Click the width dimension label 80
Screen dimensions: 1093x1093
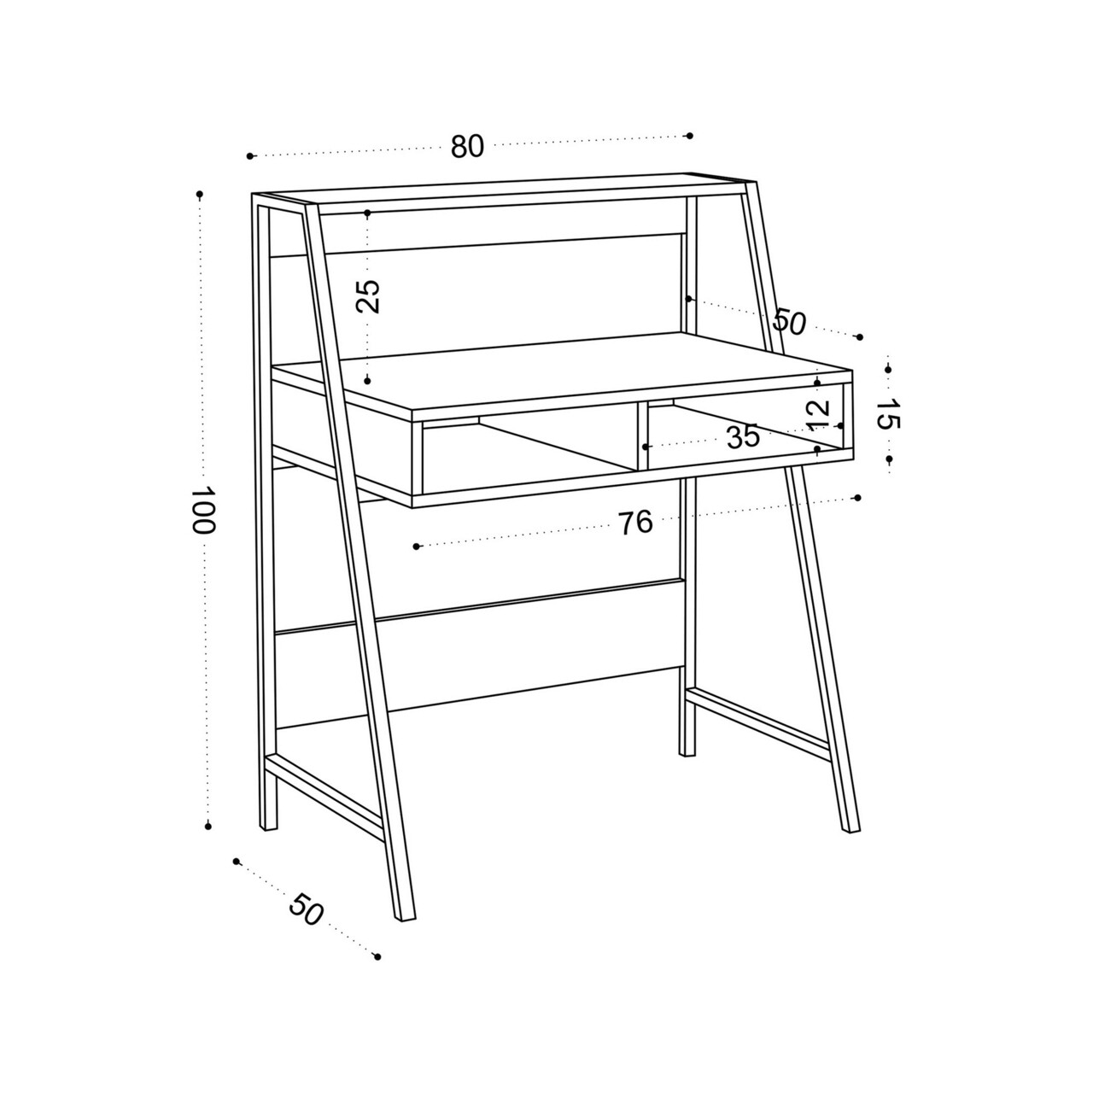tap(467, 146)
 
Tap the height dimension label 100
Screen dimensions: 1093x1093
tap(202, 509)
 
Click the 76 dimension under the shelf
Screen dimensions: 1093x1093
tap(635, 523)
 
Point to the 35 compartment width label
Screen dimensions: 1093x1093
tap(742, 436)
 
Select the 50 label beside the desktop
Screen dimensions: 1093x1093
tap(789, 322)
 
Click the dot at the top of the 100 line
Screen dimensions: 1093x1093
tap(200, 194)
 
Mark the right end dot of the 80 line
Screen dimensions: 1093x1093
tap(689, 136)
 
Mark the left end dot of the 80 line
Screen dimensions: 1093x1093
tap(249, 155)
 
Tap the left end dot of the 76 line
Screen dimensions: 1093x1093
tap(417, 546)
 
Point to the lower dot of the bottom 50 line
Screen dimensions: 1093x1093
tap(377, 957)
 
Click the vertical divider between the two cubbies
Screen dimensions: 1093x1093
tap(643, 436)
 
